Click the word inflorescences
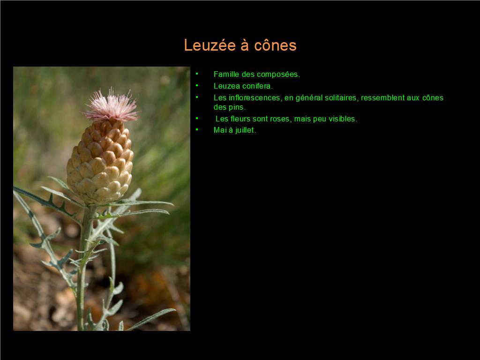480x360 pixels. coord(255,98)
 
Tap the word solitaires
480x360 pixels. coord(342,98)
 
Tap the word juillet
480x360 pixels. coord(246,130)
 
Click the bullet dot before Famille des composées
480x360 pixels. coord(197,74)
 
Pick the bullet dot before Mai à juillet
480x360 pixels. coord(197,129)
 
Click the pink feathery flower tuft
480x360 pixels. coord(112,105)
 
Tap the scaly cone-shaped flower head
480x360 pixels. coord(100,162)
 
